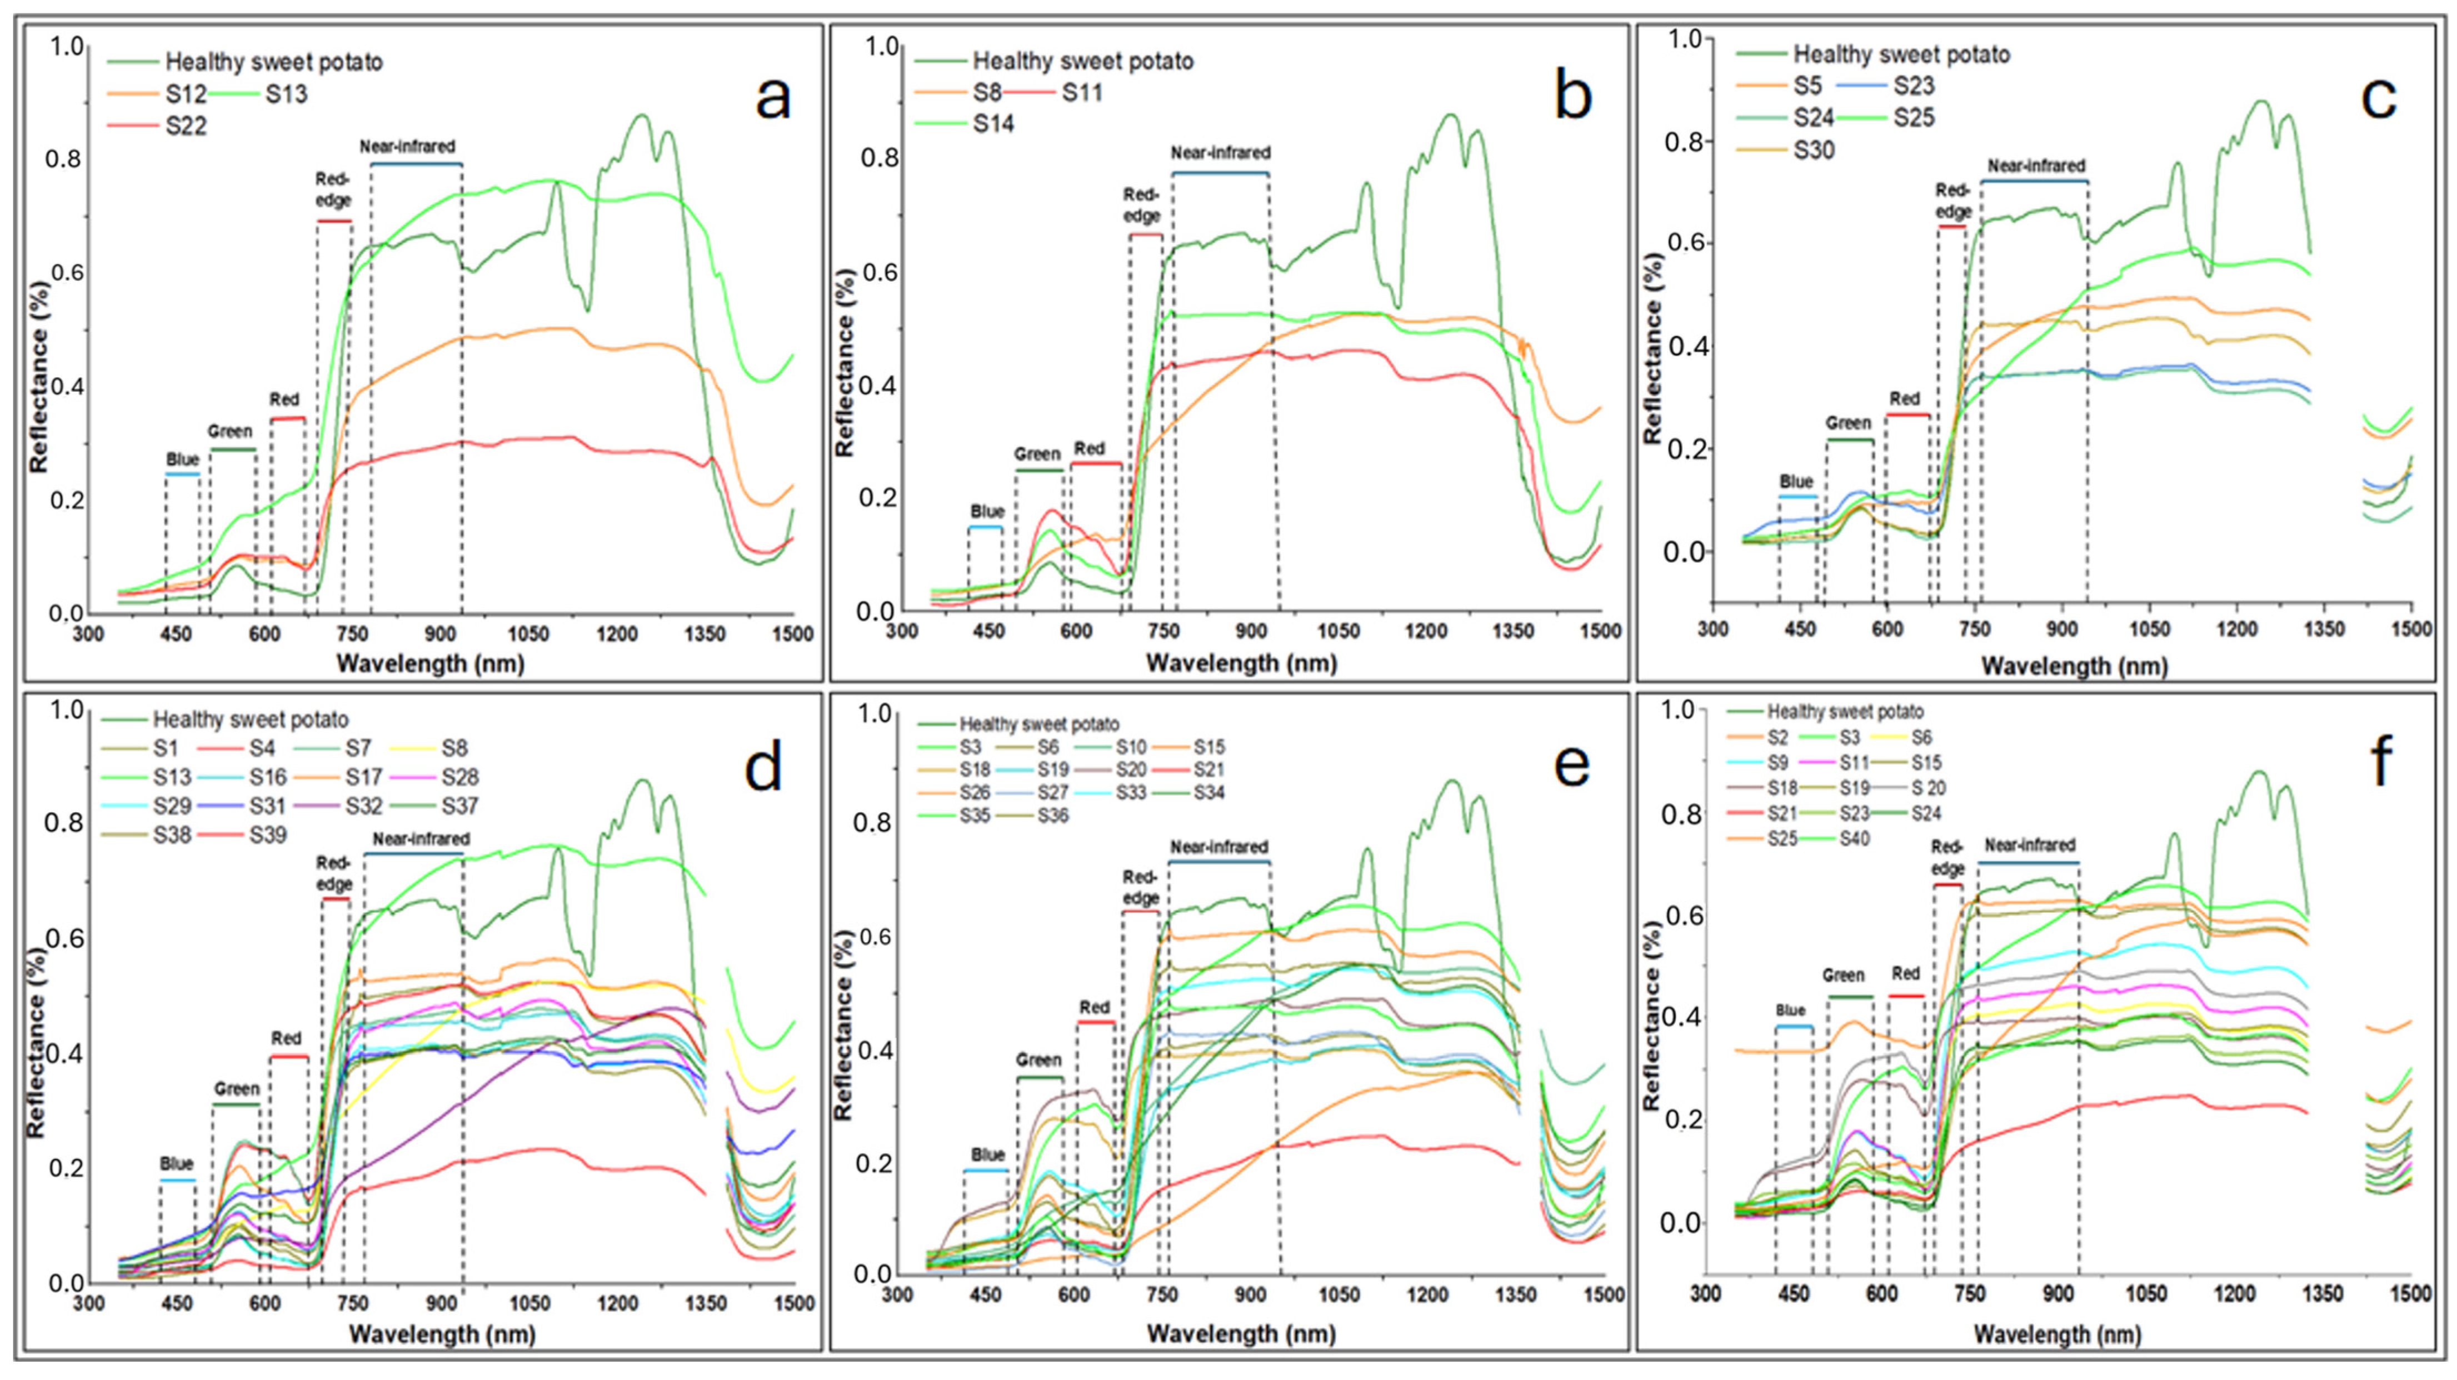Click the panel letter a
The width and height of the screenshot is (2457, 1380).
(772, 98)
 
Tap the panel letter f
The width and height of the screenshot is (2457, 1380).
(2381, 762)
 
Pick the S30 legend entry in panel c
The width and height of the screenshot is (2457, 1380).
(1786, 151)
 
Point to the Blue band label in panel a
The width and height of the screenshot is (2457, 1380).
(182, 459)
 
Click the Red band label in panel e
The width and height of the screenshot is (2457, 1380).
(1095, 1007)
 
